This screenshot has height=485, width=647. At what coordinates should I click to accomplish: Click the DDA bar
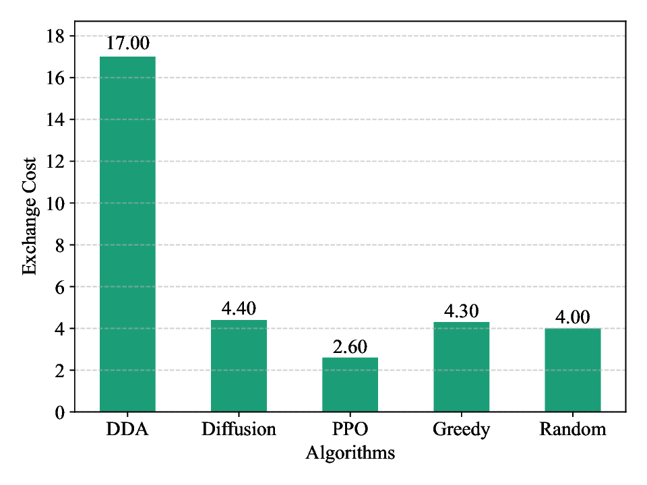tap(127, 234)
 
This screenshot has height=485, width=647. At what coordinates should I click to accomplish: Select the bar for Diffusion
tap(239, 366)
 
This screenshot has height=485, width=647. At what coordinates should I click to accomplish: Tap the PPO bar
tap(350, 385)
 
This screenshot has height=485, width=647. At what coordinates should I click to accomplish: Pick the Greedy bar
tap(461, 366)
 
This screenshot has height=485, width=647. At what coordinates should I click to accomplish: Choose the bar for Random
tap(572, 370)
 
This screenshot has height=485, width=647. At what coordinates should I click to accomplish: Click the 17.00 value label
tap(127, 44)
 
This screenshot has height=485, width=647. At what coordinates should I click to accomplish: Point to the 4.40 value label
tap(239, 309)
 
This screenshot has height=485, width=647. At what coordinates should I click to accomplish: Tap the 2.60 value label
tap(350, 346)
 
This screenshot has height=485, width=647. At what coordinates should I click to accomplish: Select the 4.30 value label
tap(461, 311)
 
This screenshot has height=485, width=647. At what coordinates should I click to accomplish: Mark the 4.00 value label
tap(572, 317)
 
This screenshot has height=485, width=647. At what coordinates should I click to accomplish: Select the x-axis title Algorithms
tap(350, 453)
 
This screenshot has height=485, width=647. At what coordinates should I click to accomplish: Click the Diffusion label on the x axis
tap(239, 430)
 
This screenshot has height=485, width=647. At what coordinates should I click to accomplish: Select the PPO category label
tap(350, 430)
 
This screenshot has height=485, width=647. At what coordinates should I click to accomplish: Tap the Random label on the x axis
tap(572, 430)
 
